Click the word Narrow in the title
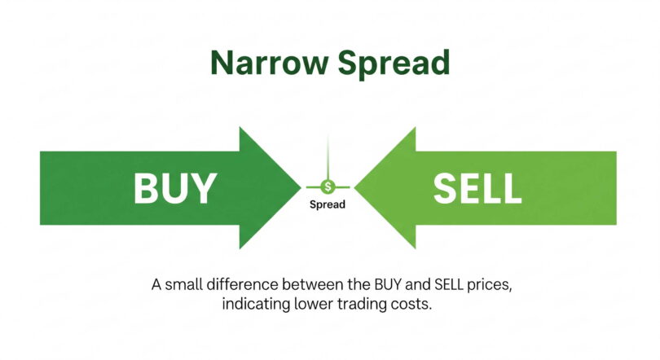coord(269,62)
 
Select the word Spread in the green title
coord(394,64)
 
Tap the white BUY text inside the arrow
coord(175,189)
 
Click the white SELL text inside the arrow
coord(477,189)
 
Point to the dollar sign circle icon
coord(328,187)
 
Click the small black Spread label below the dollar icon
coord(328,204)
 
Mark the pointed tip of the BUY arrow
coord(301,187)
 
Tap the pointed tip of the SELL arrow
coord(354,187)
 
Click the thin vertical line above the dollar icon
coord(328,158)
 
